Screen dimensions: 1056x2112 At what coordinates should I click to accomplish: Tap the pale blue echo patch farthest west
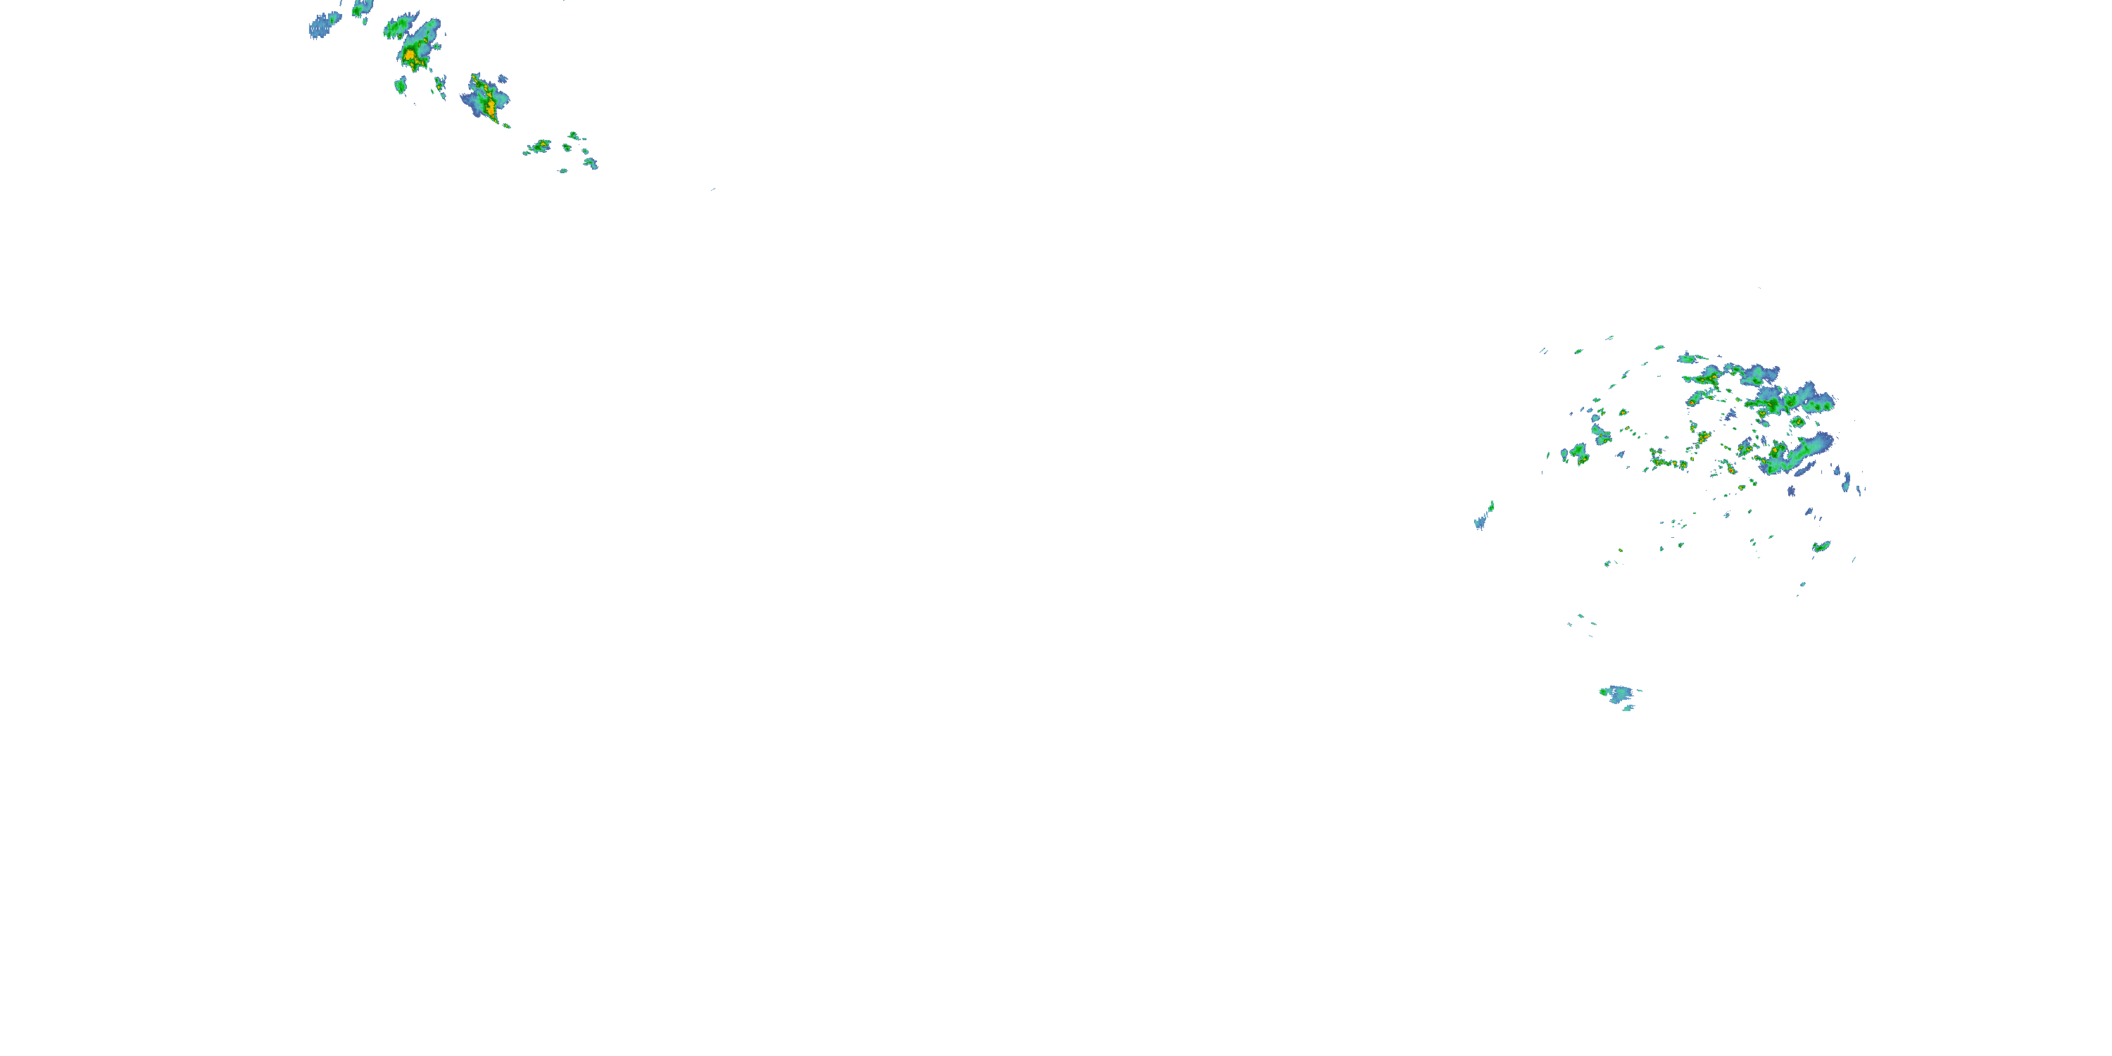(323, 25)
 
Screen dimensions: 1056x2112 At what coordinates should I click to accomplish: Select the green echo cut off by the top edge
(362, 7)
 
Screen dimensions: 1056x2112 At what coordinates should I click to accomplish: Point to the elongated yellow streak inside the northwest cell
(489, 103)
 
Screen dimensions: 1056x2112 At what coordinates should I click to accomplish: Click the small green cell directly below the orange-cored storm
(400, 84)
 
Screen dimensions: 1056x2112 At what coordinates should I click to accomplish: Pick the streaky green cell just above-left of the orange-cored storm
(398, 28)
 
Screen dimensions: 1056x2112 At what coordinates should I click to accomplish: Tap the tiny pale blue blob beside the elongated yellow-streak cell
(503, 79)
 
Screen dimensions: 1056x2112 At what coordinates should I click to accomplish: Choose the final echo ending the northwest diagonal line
(591, 163)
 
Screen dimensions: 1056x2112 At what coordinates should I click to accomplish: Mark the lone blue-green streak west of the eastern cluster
(1484, 517)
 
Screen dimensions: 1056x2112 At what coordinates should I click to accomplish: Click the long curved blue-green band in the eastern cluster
(1799, 455)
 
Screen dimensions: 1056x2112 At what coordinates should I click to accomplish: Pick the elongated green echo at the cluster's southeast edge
(1822, 546)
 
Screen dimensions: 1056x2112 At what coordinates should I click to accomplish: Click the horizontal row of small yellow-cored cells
(1668, 463)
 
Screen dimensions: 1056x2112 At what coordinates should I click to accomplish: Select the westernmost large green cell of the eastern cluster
(1578, 453)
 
